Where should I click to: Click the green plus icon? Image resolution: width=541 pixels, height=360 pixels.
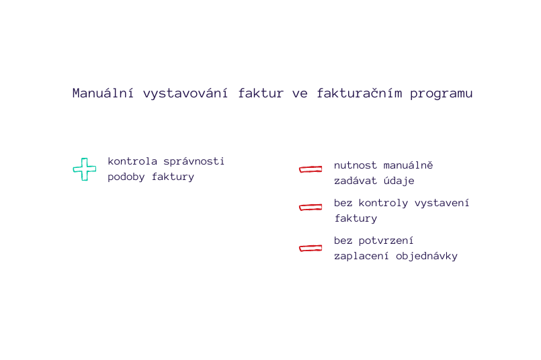pyautogui.click(x=85, y=169)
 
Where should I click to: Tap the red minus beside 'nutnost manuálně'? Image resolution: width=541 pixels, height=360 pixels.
pyautogui.click(x=310, y=169)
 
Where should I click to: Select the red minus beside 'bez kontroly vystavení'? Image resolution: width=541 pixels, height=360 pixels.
pyautogui.click(x=310, y=207)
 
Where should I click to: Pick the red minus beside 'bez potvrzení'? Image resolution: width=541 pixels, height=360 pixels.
pyautogui.click(x=310, y=248)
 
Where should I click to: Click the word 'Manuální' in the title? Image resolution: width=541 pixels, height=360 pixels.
pyautogui.click(x=103, y=93)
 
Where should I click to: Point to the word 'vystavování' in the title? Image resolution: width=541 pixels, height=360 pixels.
pyautogui.click(x=185, y=93)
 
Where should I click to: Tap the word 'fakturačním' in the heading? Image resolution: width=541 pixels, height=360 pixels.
pyautogui.click(x=359, y=93)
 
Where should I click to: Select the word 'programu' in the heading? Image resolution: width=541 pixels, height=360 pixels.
pyautogui.click(x=442, y=94)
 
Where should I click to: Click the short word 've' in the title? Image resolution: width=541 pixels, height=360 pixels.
pyautogui.click(x=300, y=94)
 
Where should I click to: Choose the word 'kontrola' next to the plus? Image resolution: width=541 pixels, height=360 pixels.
pyautogui.click(x=132, y=161)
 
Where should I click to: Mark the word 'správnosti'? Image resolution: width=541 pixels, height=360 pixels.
pyautogui.click(x=194, y=162)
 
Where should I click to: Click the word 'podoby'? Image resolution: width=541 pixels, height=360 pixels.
pyautogui.click(x=126, y=177)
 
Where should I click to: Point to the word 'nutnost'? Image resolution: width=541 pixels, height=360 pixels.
pyautogui.click(x=356, y=165)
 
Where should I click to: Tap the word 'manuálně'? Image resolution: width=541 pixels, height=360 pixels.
pyautogui.click(x=408, y=165)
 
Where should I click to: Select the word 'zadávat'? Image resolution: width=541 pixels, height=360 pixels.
pyautogui.click(x=356, y=181)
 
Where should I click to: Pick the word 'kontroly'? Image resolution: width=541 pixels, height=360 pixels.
pyautogui.click(x=383, y=203)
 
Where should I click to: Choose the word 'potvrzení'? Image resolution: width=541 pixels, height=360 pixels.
pyautogui.click(x=386, y=241)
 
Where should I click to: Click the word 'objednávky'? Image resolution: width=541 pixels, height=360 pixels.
pyautogui.click(x=427, y=256)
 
